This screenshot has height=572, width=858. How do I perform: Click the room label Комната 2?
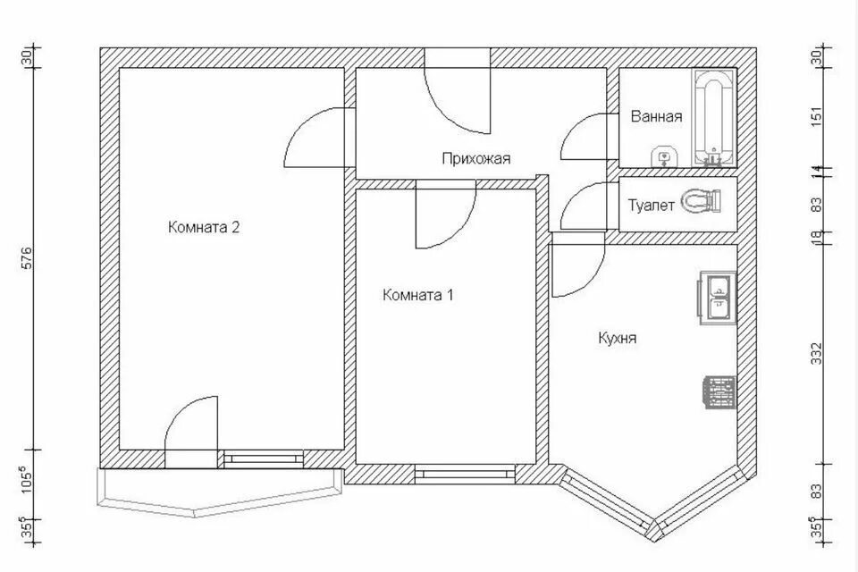pyautogui.click(x=204, y=227)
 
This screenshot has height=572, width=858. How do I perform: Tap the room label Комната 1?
pyautogui.click(x=418, y=296)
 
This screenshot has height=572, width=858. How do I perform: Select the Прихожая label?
pyautogui.click(x=476, y=159)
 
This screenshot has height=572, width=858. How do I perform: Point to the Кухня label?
pyautogui.click(x=618, y=338)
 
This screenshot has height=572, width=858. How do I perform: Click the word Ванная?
pyautogui.click(x=656, y=116)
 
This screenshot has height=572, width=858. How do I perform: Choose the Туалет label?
pyautogui.click(x=651, y=206)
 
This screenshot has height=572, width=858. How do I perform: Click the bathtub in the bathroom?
pyautogui.click(x=713, y=118)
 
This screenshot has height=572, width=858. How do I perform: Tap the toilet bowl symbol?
pyautogui.click(x=701, y=201)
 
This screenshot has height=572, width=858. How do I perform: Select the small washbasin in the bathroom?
pyautogui.click(x=664, y=157)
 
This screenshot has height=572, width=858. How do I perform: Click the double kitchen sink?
pyautogui.click(x=716, y=299)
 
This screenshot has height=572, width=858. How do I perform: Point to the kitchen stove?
pyautogui.click(x=718, y=392)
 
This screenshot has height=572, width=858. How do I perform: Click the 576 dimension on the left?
pyautogui.click(x=28, y=258)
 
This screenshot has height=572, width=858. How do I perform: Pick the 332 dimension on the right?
pyautogui.click(x=816, y=354)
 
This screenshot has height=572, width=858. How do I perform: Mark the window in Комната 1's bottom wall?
pyautogui.click(x=464, y=474)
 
